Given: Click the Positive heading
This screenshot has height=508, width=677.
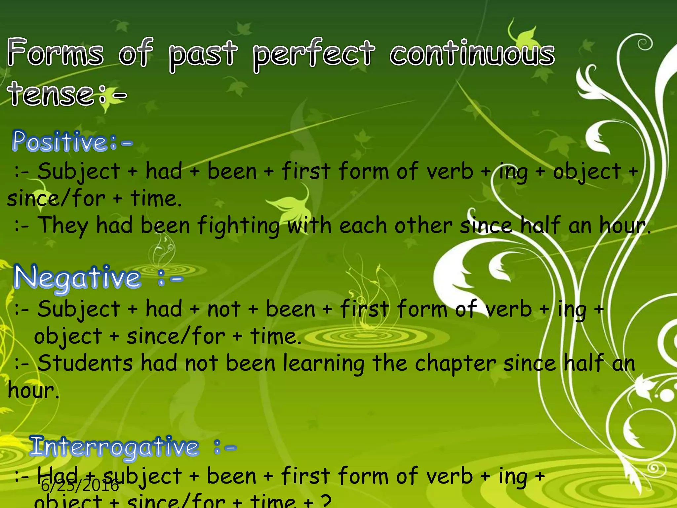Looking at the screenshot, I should click(x=65, y=142).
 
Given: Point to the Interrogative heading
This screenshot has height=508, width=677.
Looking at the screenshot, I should click(x=114, y=446).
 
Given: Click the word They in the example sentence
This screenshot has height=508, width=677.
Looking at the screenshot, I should click(x=63, y=226).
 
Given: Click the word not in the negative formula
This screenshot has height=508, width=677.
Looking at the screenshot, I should click(x=223, y=309).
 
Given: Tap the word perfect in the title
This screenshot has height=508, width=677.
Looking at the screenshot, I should click(x=314, y=54).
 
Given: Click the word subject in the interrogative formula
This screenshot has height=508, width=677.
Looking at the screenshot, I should click(x=142, y=476).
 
